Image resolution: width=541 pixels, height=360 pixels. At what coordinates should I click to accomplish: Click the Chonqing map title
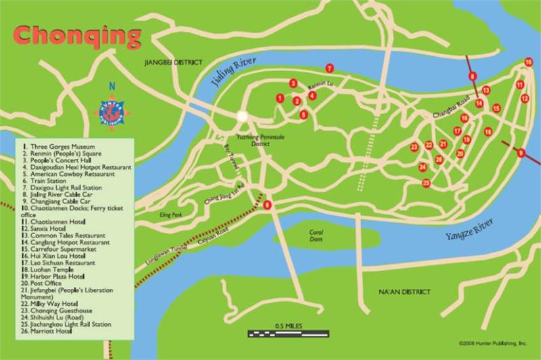77,33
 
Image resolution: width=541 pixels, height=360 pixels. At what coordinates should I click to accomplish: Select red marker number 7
329,68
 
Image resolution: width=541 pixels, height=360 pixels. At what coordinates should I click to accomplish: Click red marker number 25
426,183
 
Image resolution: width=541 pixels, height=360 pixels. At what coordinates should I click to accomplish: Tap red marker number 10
529,62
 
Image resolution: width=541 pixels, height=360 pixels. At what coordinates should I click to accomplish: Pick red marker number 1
279,98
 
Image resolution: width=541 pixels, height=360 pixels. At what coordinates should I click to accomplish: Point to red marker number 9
521,153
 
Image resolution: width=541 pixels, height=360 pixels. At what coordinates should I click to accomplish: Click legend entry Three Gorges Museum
60,146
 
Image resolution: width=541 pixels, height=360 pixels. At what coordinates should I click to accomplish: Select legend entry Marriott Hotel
50,331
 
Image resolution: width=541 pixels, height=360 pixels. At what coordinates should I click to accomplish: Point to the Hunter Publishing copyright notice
492,343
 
